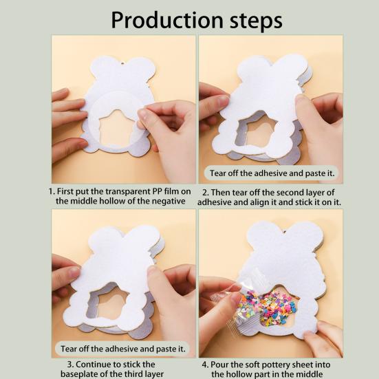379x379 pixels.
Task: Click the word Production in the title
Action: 166,21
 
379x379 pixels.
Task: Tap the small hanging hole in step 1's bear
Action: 122,64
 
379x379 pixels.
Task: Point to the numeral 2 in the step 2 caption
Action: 205,193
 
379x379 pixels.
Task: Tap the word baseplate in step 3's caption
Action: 79,373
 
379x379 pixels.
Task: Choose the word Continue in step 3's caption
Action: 93,365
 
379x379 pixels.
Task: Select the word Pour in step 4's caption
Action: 219,365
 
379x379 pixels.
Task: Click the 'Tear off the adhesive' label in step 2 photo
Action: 272,173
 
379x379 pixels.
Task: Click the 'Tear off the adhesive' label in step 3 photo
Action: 123,349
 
